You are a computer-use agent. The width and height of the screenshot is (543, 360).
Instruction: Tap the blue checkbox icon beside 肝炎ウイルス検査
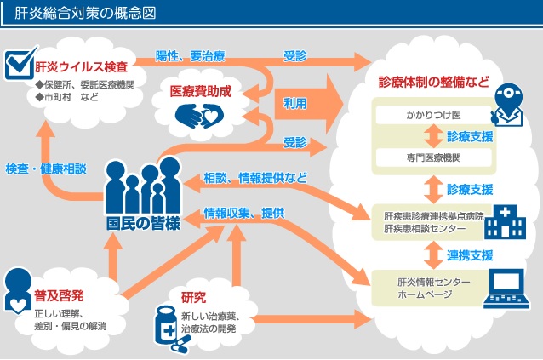click(x=17, y=64)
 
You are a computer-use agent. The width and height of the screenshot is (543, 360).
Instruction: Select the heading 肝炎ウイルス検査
click(x=82, y=66)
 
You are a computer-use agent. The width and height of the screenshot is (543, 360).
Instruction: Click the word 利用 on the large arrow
click(x=295, y=102)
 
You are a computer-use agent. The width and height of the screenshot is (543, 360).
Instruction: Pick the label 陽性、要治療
click(x=190, y=56)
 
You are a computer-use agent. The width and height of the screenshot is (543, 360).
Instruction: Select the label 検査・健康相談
click(x=46, y=168)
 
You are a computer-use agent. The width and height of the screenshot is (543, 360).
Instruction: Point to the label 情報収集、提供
click(x=244, y=212)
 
